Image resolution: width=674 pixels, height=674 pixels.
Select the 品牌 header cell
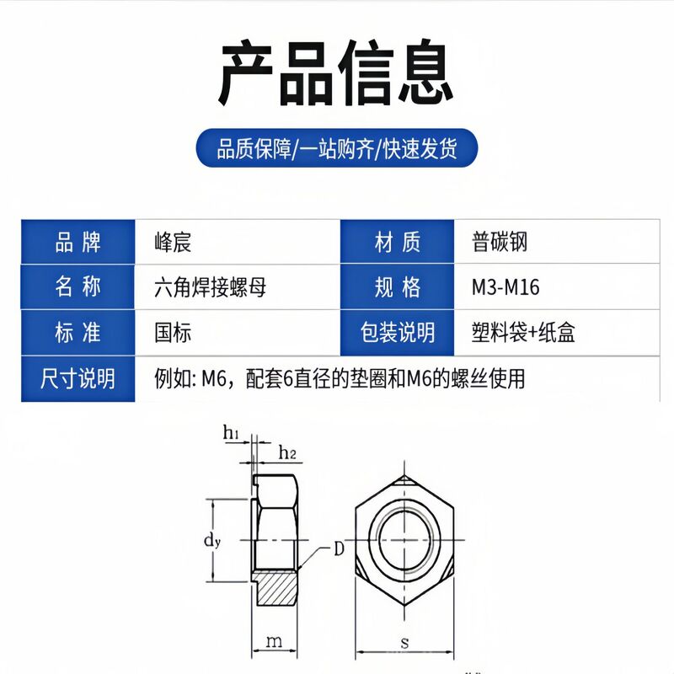pyautogui.click(x=78, y=243)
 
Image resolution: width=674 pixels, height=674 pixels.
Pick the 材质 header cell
pyautogui.click(x=398, y=243)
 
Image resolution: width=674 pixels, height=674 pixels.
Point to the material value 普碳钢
pyautogui.click(x=500, y=243)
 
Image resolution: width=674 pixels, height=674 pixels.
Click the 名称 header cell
pyautogui.click(x=78, y=287)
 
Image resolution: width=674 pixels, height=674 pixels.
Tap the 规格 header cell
pyautogui.click(x=398, y=287)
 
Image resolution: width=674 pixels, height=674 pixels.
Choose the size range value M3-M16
pyautogui.click(x=505, y=287)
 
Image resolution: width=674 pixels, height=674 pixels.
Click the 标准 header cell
pyautogui.click(x=78, y=332)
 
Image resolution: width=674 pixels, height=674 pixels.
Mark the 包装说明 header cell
pyautogui.click(x=398, y=332)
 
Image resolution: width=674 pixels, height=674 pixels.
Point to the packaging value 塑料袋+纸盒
pyautogui.click(x=523, y=332)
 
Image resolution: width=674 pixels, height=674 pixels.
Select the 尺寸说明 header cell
pyautogui.click(x=78, y=377)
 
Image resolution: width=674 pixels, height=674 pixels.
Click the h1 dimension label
pyautogui.click(x=232, y=434)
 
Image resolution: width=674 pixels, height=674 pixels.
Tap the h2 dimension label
pyautogui.click(x=287, y=453)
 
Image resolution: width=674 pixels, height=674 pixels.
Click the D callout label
pyautogui.click(x=339, y=549)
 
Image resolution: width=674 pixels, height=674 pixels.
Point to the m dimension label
pyautogui.click(x=274, y=642)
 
